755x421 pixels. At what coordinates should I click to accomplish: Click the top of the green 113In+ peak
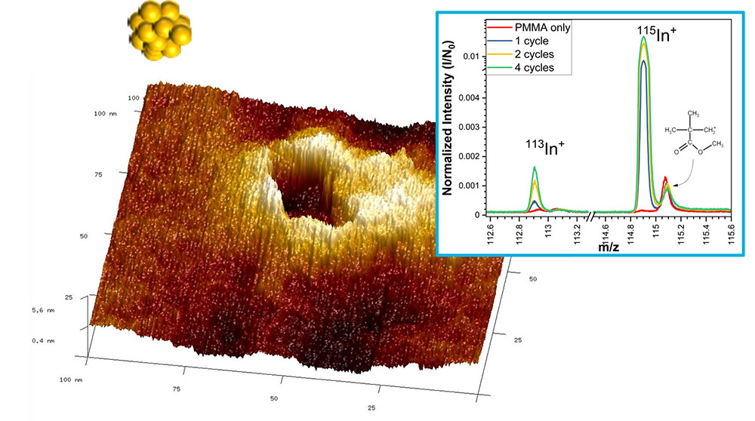click(535, 167)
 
